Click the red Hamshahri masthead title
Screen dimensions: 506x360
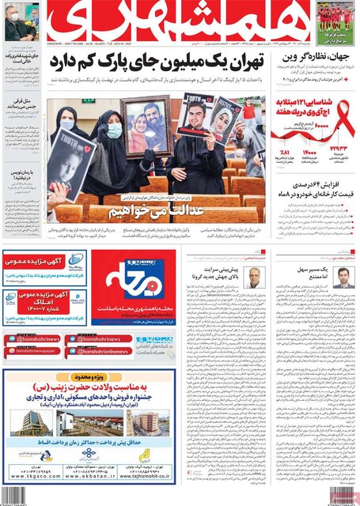(181, 22)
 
